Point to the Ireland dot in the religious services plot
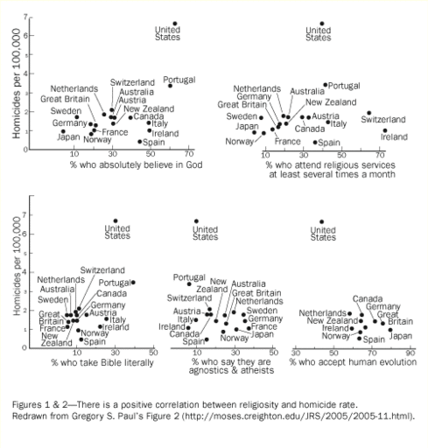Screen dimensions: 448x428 click(x=384, y=130)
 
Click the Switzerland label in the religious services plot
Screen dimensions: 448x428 click(x=385, y=119)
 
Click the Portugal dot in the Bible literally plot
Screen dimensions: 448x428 click(x=133, y=282)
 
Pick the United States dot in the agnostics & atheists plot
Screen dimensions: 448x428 click(x=196, y=221)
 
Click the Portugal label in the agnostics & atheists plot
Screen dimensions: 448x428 click(x=189, y=276)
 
